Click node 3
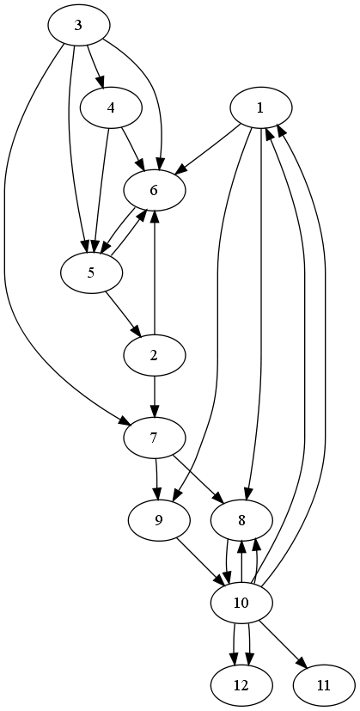coord(79,26)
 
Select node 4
coord(111,108)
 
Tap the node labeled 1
coord(260,108)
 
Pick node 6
coord(154,191)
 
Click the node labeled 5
coord(92,273)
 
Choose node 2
coord(154,356)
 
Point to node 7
coord(154,438)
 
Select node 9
coord(158,520)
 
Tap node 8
coord(241,520)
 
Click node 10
coord(241,603)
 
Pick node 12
coord(241,685)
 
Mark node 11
coord(324,685)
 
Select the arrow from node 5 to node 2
coord(122,314)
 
